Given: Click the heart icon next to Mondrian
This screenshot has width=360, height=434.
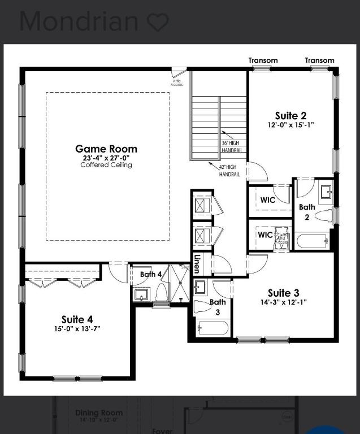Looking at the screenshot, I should click(x=158, y=21).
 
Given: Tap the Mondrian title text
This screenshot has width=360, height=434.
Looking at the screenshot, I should click(x=79, y=21).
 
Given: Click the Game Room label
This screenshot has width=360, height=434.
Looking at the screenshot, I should click(x=106, y=149).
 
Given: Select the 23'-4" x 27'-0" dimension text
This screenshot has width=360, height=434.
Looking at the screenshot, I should click(x=106, y=158).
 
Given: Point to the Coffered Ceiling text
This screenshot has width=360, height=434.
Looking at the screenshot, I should click(x=106, y=165).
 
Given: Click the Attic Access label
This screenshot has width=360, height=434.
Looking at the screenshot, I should click(x=177, y=83).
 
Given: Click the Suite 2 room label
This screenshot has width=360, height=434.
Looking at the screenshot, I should click(x=290, y=116).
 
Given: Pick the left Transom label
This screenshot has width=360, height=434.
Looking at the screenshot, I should click(x=263, y=60).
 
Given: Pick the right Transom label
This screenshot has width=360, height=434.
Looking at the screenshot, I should click(x=319, y=60).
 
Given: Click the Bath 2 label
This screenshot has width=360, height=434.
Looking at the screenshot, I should click(x=307, y=211).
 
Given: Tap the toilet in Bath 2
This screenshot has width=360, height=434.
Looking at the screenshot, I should click(x=323, y=216).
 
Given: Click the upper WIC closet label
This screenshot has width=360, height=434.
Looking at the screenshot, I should click(x=267, y=201).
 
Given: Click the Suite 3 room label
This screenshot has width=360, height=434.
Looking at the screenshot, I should click(x=283, y=293).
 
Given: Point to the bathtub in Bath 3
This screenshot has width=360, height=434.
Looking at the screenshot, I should click(x=212, y=328).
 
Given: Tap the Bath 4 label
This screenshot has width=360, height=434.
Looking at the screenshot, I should click(x=151, y=274).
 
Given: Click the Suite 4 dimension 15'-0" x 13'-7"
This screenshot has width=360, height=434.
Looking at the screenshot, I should click(x=77, y=329).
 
